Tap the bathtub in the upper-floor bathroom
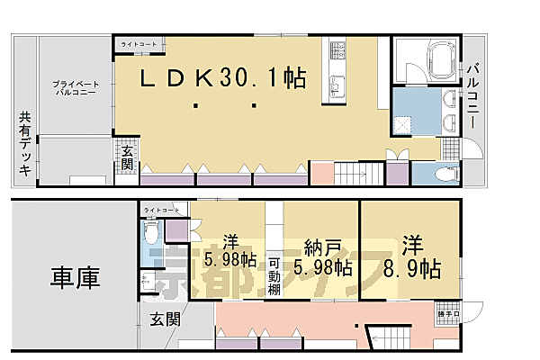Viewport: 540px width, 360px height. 427,62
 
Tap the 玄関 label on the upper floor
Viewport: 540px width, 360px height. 127,159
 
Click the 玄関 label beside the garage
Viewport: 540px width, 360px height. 164,319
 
